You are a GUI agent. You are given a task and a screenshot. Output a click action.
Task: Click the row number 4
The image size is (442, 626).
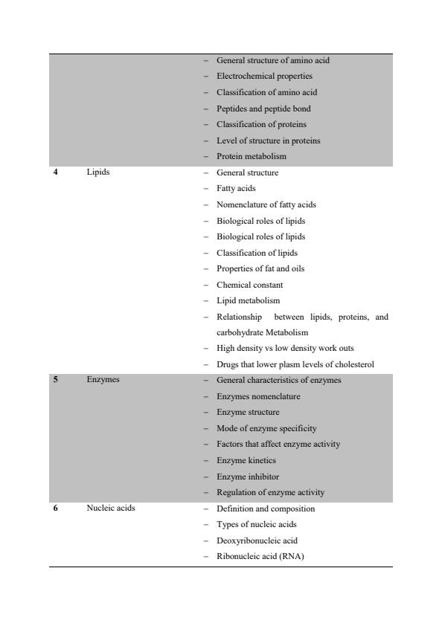56,172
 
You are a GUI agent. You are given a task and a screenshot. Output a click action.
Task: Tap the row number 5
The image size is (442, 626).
56,380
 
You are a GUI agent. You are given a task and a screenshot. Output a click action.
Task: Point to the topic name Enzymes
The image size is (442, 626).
103,380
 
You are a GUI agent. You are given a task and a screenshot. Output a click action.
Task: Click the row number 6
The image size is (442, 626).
56,509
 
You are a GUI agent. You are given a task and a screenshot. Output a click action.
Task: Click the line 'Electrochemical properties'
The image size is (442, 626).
264,76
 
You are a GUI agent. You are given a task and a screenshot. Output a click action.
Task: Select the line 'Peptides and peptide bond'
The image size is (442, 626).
263,109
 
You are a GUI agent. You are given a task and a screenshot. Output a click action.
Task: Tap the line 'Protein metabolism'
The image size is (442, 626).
251,156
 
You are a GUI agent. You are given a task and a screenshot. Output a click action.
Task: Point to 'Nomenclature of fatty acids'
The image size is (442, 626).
266,204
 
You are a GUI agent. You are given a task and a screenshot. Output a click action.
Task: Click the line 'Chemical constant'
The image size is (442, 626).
249,285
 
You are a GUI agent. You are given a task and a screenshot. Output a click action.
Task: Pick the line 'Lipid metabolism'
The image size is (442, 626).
248,300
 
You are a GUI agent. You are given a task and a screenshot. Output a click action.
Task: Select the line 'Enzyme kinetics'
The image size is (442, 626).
246,460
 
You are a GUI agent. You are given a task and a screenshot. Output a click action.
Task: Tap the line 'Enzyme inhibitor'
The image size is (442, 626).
248,476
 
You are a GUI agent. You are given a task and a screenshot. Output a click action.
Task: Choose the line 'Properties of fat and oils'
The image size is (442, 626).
260,268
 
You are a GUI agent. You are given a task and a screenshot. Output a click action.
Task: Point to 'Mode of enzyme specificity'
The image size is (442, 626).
266,428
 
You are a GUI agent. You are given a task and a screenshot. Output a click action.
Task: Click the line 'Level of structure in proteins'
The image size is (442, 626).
268,141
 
